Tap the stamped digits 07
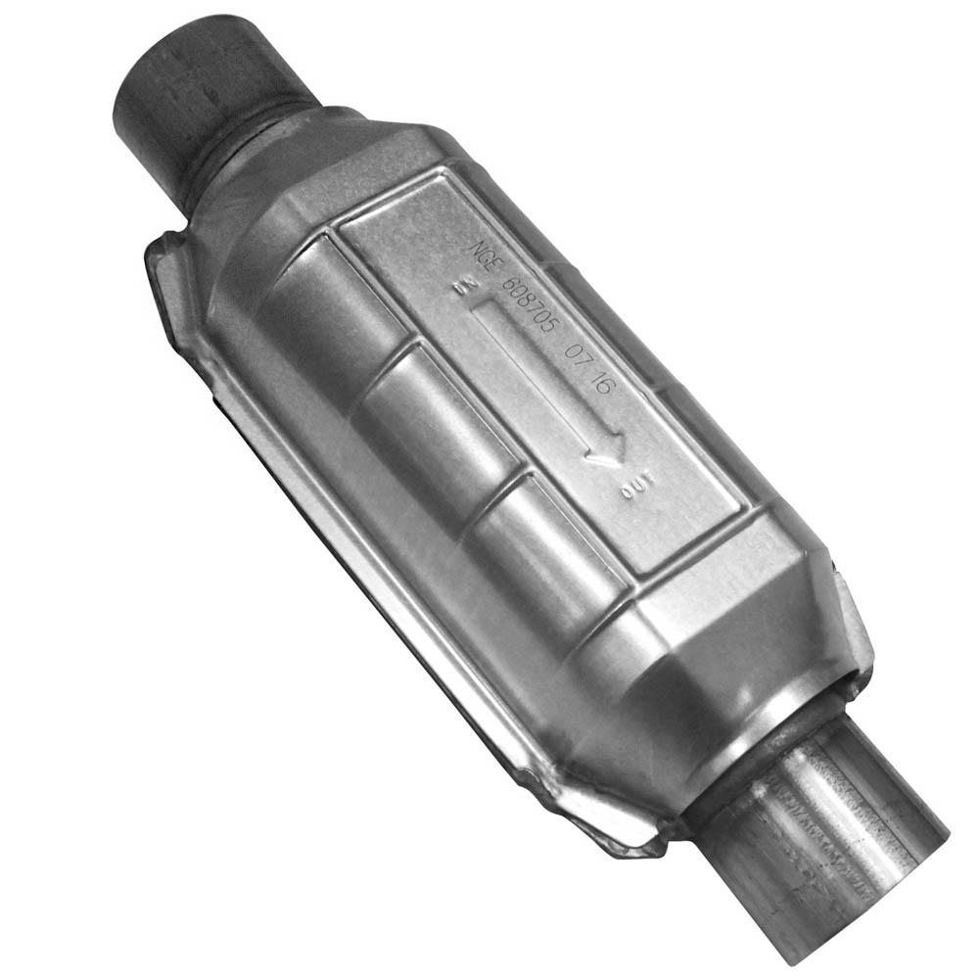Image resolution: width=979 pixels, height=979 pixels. (x=584, y=358)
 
